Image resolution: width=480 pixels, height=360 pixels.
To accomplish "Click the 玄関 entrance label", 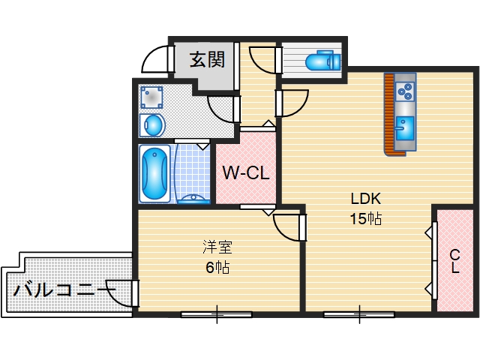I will [207, 59].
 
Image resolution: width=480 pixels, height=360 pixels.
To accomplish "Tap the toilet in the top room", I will [323, 59].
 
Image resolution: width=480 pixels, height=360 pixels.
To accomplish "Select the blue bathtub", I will [154, 173].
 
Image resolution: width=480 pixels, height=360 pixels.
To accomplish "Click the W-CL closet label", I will [246, 174].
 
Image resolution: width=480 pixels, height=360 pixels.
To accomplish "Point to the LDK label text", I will [367, 199].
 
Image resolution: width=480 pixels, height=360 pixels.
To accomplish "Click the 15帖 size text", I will [367, 219].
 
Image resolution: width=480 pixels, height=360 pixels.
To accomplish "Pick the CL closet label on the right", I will [455, 262].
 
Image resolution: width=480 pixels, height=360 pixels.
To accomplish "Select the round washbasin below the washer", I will [154, 124].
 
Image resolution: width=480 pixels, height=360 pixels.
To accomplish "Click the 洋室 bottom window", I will [217, 313].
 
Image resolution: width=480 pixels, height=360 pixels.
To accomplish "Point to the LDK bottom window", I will [360, 313].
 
